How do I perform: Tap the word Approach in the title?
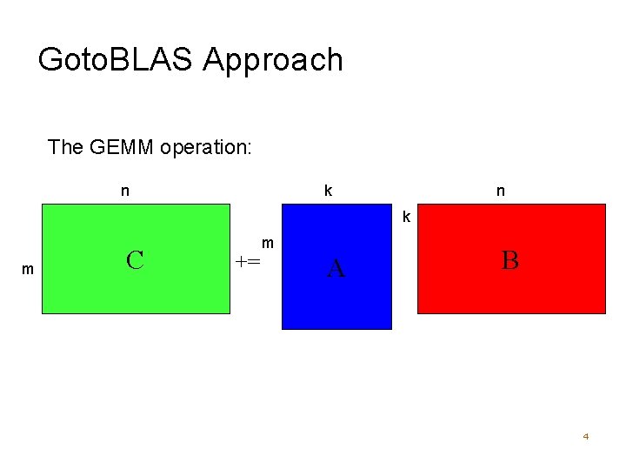pyautogui.click(x=273, y=61)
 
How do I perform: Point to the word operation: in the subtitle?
pyautogui.click(x=206, y=147)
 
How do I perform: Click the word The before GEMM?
pyautogui.click(x=66, y=146)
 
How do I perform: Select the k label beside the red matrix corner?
pyautogui.click(x=405, y=216)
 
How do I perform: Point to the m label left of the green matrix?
pyautogui.click(x=28, y=270)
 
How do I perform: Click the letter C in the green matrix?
pyautogui.click(x=135, y=259)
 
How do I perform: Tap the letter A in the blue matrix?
pyautogui.click(x=336, y=270)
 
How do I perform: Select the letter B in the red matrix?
pyautogui.click(x=509, y=259)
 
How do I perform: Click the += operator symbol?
pyautogui.click(x=248, y=260)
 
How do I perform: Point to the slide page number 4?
pyautogui.click(x=586, y=436)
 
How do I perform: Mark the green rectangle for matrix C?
pyautogui.click(x=174, y=287)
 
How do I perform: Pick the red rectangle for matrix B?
pyautogui.click(x=556, y=287)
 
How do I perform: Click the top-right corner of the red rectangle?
pyautogui.click(x=604, y=205)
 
